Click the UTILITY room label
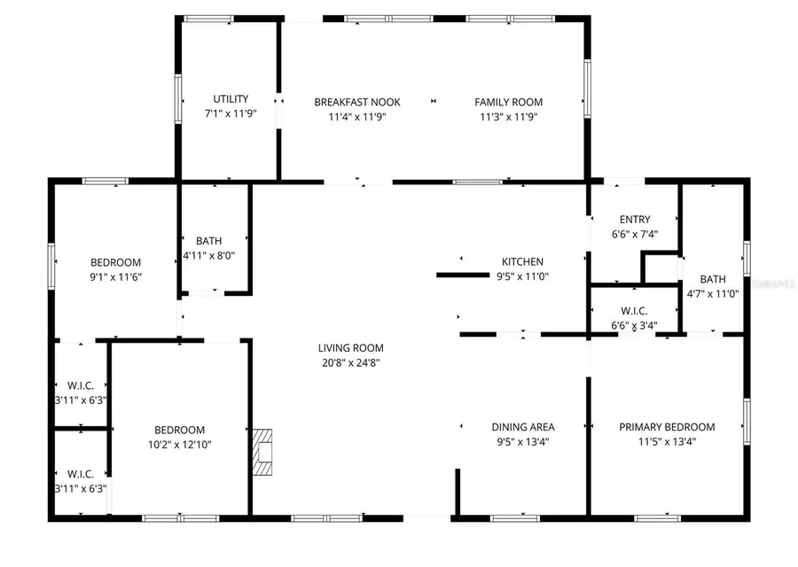click(231, 99)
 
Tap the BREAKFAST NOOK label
click(350, 102)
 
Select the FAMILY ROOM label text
click(508, 102)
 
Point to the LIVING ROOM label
click(350, 348)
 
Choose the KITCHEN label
click(522, 261)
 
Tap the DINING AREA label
click(522, 427)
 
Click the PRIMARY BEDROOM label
click(667, 427)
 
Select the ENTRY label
click(635, 220)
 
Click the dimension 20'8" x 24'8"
click(350, 361)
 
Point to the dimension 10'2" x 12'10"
click(179, 445)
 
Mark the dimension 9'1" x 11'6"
click(116, 276)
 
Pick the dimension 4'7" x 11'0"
click(713, 294)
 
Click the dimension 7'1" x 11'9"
click(231, 113)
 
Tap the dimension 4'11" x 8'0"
click(208, 255)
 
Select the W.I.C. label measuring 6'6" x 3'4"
click(634, 311)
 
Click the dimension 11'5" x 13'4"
click(667, 440)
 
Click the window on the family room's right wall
click(586, 89)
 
